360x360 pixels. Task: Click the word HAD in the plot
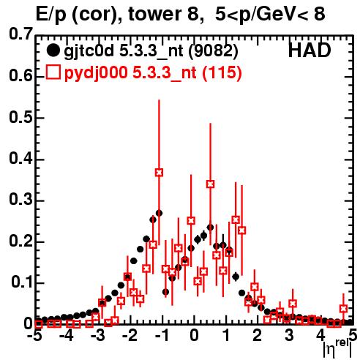310,50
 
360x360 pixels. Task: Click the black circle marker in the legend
53,50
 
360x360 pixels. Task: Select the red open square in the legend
53,72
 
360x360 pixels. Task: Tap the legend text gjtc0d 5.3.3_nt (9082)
151,51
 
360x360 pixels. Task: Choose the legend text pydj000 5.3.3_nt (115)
153,73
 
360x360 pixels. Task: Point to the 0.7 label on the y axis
20,34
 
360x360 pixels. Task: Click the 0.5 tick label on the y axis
20,117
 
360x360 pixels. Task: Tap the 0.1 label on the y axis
22,282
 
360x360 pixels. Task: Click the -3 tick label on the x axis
98,335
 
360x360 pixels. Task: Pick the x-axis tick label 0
194,335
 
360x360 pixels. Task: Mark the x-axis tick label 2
258,335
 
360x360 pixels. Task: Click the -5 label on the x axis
35,335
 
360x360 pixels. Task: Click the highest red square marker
159,173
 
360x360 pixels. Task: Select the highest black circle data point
159,213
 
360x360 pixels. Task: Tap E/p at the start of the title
51,15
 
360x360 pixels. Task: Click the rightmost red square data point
343,309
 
